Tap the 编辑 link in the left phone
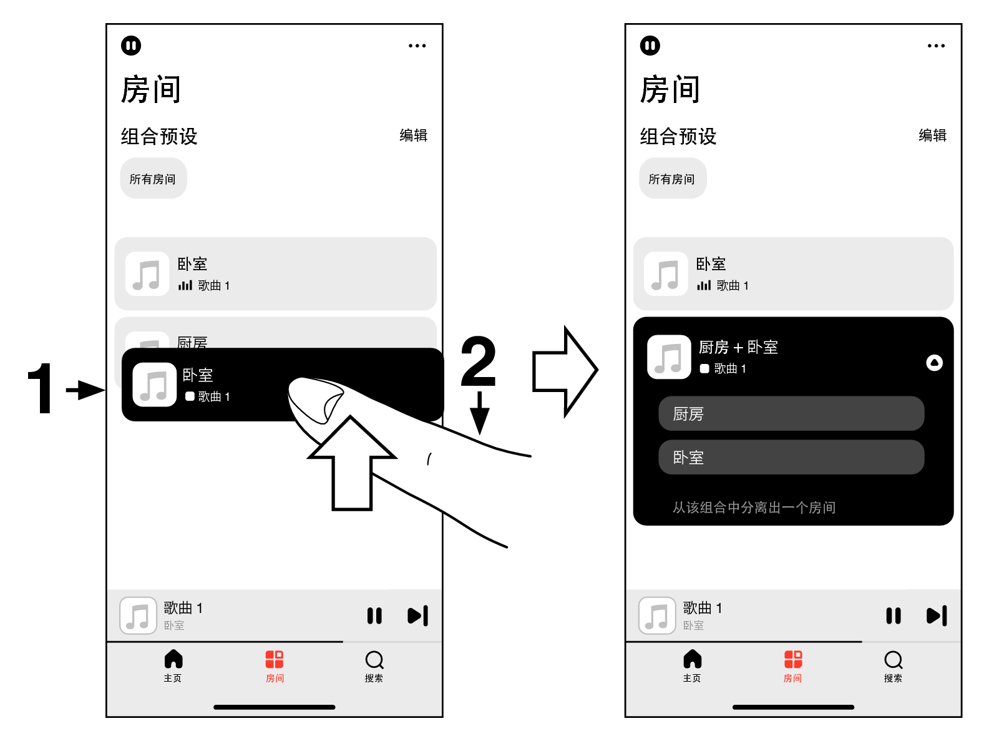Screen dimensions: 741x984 click(413, 135)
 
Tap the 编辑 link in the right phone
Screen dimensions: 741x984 click(932, 135)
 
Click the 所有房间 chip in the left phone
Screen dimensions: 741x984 click(153, 179)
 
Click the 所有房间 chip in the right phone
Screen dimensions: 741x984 click(672, 179)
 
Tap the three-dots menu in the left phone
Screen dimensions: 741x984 click(417, 46)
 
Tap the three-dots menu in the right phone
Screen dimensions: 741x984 click(936, 46)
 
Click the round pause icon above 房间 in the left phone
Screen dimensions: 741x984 click(131, 46)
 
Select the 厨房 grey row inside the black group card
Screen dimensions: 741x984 click(791, 413)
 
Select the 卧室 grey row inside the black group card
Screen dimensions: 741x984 click(791, 457)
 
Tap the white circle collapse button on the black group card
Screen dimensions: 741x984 click(934, 363)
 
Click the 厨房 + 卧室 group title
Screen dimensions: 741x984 click(738, 347)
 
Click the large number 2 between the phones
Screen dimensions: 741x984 click(479, 361)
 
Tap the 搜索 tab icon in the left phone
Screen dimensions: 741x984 click(374, 660)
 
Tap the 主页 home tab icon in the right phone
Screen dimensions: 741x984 click(692, 659)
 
